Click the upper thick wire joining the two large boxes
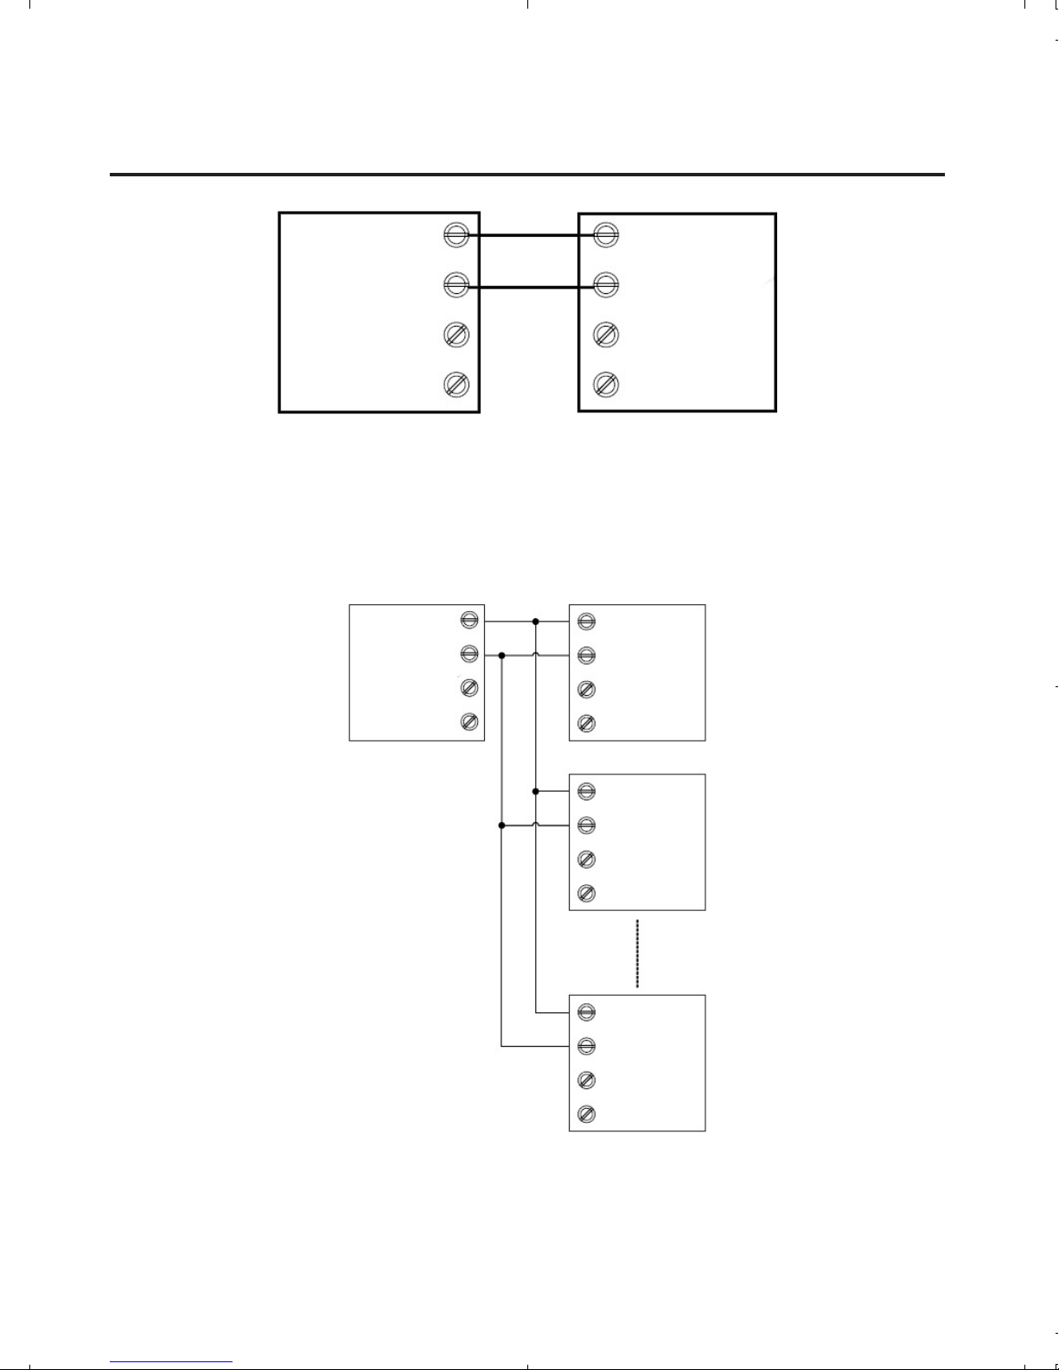click(x=530, y=234)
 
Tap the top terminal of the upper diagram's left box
click(x=456, y=234)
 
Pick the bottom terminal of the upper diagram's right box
click(x=606, y=384)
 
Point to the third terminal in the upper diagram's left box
click(x=456, y=334)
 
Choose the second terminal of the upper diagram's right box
click(x=606, y=284)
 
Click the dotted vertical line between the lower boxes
click(x=637, y=953)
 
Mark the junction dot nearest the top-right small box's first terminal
click(x=536, y=621)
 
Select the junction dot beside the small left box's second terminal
click(x=501, y=655)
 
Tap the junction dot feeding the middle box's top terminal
click(x=536, y=791)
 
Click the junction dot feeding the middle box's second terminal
click(x=501, y=825)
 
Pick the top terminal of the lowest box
click(x=586, y=1012)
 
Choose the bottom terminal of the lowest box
click(x=586, y=1114)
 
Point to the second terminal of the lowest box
click(x=586, y=1047)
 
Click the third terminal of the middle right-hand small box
click(x=586, y=859)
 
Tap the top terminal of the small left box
click(x=469, y=621)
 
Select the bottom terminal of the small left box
click(x=469, y=722)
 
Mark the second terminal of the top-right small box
click(x=586, y=655)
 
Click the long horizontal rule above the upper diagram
click(x=527, y=175)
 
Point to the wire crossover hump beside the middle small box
click(x=536, y=825)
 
